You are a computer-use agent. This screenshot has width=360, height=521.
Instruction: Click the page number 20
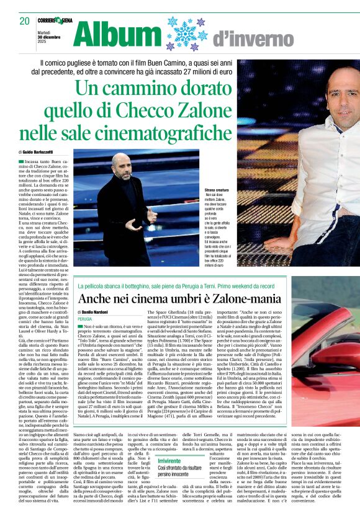(x=25, y=21)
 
